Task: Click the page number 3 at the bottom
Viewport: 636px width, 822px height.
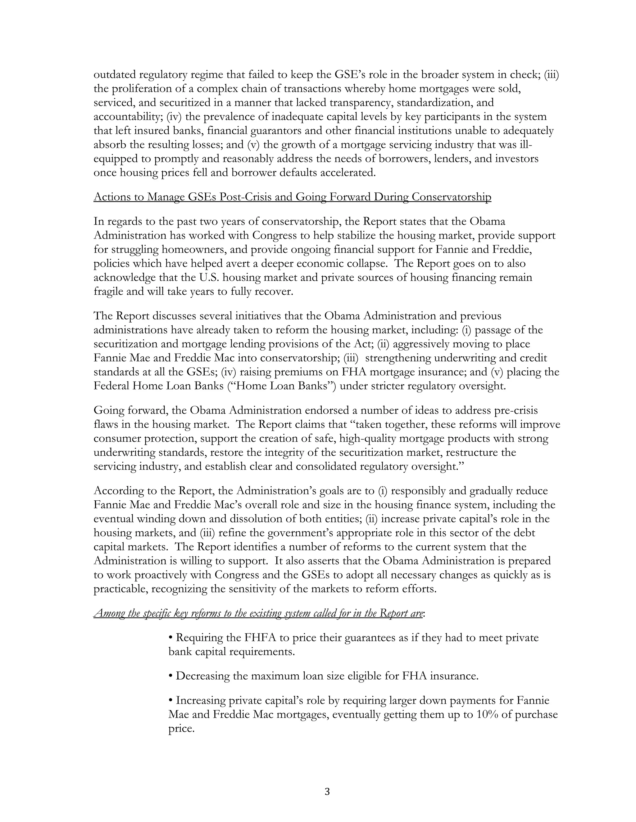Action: [327, 792]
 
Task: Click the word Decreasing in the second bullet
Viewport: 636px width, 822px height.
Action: [203, 676]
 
